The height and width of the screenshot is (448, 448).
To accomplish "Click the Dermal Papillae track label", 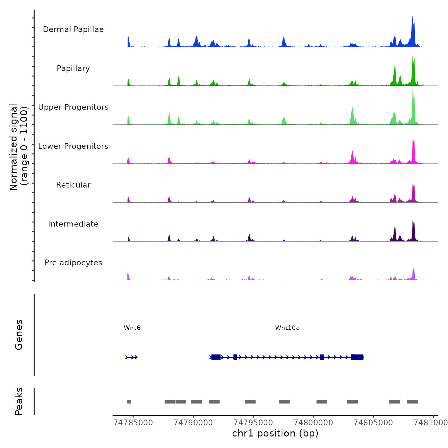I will pos(73,29).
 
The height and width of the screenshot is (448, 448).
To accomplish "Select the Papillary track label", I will pos(73,68).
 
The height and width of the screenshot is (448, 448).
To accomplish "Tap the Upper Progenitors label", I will pos(73,107).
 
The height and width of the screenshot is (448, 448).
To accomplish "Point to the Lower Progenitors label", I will pos(73,146).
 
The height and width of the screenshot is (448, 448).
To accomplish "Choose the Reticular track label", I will pos(73,185).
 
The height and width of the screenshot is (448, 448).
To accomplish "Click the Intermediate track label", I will pos(73,224).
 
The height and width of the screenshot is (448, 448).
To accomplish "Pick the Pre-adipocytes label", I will pos(73,263).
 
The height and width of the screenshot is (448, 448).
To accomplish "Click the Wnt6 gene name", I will pos(132,328).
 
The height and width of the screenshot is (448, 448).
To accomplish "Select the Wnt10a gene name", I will pos(287,328).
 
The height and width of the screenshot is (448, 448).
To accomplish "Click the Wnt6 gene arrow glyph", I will pos(132,357).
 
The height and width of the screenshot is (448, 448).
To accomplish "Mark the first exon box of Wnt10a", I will pos(216,357).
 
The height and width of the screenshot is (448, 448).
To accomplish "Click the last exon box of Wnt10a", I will pos(357,357).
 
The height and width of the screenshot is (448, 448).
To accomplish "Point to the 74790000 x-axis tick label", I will pos(193,423).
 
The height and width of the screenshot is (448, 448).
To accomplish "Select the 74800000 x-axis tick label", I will pos(313,423).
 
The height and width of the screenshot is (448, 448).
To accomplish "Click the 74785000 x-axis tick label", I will pos(133,423).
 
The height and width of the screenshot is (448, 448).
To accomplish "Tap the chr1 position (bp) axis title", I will pos(275,434).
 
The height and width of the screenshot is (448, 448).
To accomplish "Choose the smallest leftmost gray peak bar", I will pos(129,402).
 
